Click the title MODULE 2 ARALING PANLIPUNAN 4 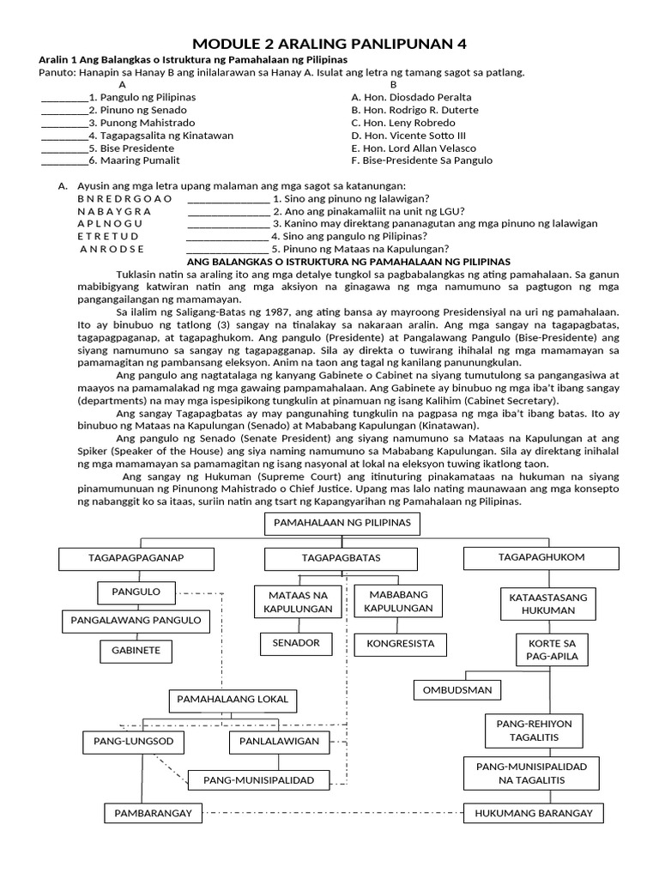pos(329,44)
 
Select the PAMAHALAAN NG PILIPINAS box pos(342,523)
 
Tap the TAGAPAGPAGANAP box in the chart pos(136,558)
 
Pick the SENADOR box pos(295,643)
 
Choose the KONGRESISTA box pos(400,643)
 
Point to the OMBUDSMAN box pos(457,689)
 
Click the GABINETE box pos(136,651)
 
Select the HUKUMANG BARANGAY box pos(534,813)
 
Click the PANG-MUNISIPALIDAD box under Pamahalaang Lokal pos(258,780)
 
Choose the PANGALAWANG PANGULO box pos(136,620)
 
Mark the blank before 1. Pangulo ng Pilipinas pos(64,97)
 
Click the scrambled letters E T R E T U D pos(108,236)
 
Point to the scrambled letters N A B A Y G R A pos(114,210)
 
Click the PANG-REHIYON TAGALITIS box pos(534,730)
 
